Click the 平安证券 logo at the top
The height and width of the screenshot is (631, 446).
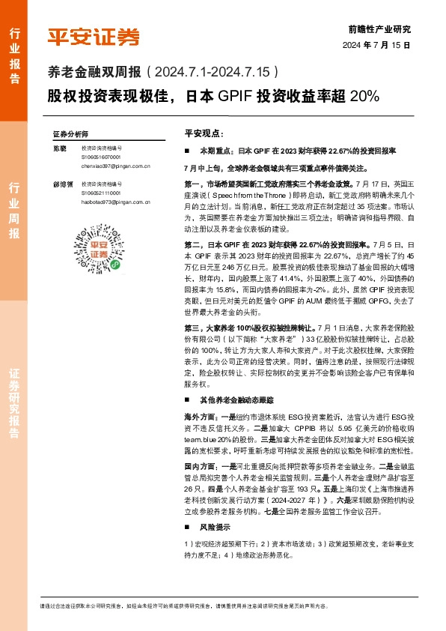click(x=94, y=35)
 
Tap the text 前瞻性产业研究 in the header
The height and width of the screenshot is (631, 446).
click(x=380, y=29)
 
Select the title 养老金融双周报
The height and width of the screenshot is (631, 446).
click(x=94, y=73)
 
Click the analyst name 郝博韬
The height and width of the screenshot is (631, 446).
click(x=61, y=183)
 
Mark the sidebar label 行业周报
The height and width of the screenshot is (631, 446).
click(x=14, y=210)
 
